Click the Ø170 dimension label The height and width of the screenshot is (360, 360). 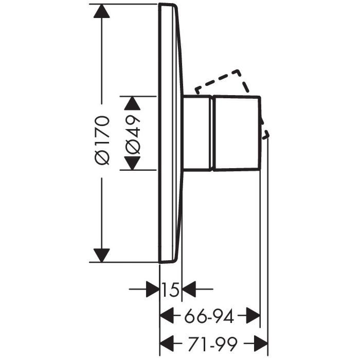(x=102, y=140)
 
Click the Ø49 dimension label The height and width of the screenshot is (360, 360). (x=133, y=135)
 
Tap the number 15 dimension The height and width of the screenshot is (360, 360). (x=170, y=290)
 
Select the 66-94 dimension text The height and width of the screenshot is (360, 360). (x=209, y=316)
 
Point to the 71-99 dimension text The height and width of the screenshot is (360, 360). (x=212, y=344)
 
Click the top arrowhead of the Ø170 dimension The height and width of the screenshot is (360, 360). (x=102, y=11)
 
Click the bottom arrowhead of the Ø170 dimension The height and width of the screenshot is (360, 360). (x=102, y=255)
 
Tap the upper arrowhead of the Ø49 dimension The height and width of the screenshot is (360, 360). (x=132, y=103)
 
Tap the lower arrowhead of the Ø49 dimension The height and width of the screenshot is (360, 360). (x=132, y=163)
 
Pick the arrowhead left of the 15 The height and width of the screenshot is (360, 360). (x=153, y=289)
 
